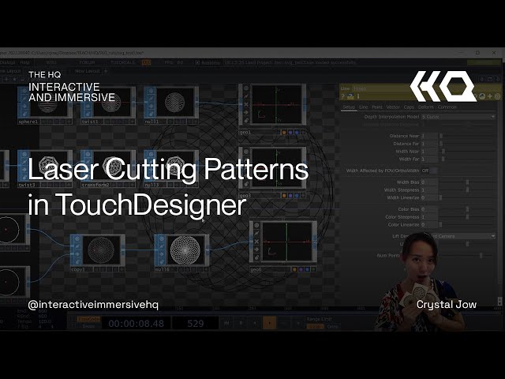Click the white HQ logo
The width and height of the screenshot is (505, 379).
443,86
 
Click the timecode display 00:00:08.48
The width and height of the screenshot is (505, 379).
137,323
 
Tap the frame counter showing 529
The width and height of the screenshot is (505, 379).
196,323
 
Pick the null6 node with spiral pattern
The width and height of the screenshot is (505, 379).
188,251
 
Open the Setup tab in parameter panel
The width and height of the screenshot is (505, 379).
349,107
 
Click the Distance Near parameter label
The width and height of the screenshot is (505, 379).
404,136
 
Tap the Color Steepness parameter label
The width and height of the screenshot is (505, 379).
403,216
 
